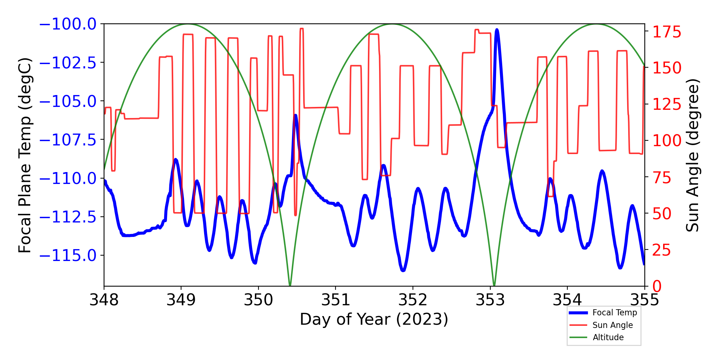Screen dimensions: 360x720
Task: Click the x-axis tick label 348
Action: click(104, 300)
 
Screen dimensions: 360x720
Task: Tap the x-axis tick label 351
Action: click(336, 300)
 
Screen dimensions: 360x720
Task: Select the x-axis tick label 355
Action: click(644, 300)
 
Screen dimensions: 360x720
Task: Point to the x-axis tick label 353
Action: click(490, 300)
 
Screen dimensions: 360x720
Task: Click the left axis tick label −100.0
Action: click(68, 24)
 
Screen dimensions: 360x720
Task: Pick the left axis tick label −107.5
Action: click(68, 140)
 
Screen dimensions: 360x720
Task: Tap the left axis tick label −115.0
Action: click(68, 256)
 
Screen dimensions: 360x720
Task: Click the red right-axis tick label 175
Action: click(667, 32)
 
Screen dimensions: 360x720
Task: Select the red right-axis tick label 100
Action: click(667, 141)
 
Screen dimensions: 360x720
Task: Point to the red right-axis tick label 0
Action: click(657, 287)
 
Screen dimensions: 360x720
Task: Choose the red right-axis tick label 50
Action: click(662, 213)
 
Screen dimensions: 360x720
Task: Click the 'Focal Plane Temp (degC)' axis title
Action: click(25, 155)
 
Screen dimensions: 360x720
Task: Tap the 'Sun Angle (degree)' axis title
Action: click(692, 155)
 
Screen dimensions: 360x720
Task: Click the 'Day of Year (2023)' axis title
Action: click(374, 319)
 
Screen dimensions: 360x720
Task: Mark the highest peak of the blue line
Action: click(497, 30)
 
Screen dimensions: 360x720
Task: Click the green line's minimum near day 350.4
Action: click(290, 285)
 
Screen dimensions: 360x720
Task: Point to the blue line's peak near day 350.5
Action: click(296, 115)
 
